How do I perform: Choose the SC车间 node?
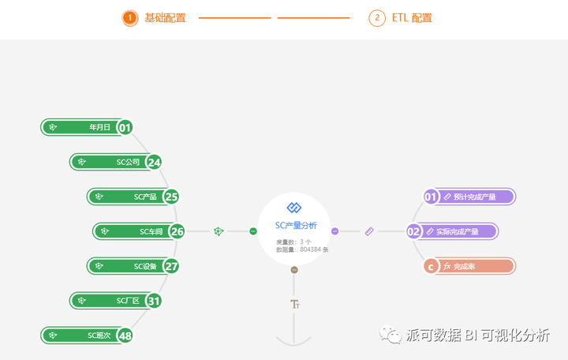[134, 231]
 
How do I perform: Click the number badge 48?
[125, 336]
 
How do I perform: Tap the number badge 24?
[154, 163]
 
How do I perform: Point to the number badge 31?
[154, 301]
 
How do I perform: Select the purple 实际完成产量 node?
[458, 231]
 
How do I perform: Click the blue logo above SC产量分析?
[294, 208]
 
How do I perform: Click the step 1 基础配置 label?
[165, 18]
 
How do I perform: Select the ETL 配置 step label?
[412, 18]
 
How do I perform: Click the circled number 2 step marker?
[377, 18]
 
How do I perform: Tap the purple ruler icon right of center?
[369, 231]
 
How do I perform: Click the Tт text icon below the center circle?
[295, 304]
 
